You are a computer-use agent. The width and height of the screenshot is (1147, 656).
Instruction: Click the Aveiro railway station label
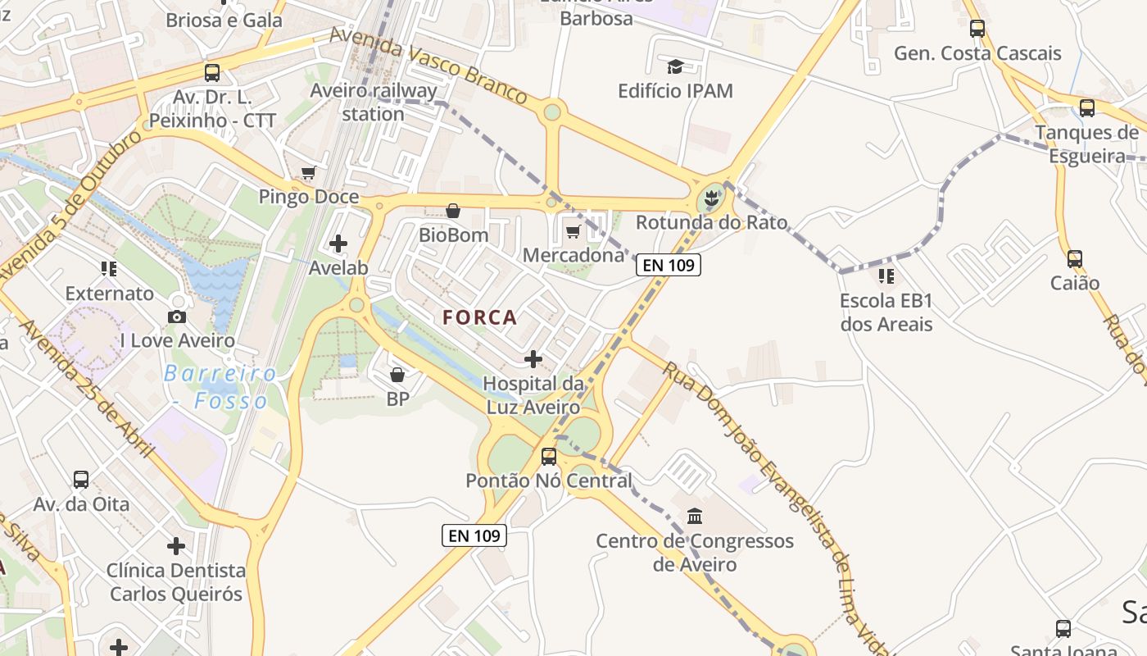click(373, 102)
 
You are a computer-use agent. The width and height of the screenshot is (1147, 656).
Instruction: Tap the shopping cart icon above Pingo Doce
click(309, 173)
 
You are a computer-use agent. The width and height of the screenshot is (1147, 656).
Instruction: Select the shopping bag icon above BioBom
click(453, 211)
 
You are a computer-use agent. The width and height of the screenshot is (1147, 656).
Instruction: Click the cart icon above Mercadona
click(573, 231)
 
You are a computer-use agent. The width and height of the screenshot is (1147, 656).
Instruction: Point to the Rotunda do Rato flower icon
click(711, 198)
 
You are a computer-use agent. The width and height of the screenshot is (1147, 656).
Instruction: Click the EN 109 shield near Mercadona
click(669, 265)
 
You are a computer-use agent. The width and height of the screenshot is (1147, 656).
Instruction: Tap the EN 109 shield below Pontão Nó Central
click(474, 535)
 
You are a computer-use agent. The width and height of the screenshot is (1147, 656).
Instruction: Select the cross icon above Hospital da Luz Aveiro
click(533, 358)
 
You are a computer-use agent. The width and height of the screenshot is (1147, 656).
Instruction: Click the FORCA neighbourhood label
click(480, 317)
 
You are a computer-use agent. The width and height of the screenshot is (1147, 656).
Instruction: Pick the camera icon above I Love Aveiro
click(177, 317)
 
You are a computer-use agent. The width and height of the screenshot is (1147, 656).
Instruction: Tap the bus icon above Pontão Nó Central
click(549, 456)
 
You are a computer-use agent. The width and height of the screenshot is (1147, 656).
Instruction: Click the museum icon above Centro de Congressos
click(695, 516)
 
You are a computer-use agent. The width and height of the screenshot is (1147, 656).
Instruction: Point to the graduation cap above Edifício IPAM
click(675, 66)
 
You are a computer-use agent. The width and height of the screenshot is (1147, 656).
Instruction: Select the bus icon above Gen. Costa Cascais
click(977, 29)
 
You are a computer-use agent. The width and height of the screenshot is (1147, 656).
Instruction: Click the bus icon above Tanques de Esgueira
click(1087, 107)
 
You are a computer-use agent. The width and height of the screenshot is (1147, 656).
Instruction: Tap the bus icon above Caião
click(1075, 259)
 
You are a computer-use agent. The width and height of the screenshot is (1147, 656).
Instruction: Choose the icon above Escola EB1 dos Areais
click(886, 276)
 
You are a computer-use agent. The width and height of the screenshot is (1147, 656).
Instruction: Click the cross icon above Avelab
click(338, 244)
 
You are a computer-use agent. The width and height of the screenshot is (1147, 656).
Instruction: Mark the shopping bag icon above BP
click(397, 375)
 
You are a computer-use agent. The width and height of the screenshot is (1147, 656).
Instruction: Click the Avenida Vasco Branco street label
click(428, 66)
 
